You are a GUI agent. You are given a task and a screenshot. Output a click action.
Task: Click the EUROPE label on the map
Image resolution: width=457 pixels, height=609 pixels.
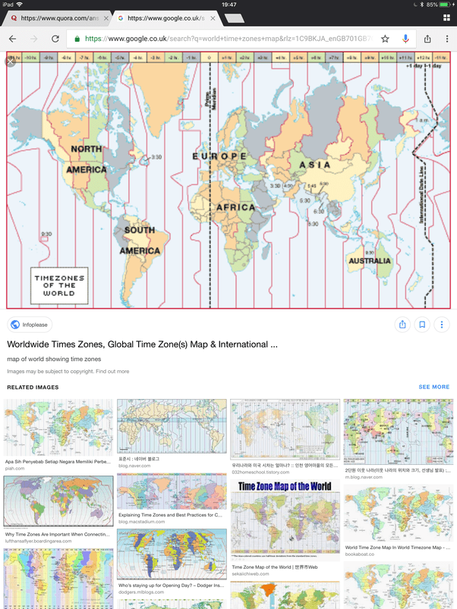219,156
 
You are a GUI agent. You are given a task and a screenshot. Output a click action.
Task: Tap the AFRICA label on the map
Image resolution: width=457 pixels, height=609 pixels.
236,207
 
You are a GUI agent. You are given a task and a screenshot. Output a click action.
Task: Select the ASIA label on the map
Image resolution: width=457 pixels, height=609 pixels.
314,165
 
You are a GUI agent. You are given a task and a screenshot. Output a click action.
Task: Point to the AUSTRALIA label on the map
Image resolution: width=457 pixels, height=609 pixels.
370,261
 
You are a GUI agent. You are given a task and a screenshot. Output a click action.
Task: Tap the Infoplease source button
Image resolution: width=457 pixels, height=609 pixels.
30,325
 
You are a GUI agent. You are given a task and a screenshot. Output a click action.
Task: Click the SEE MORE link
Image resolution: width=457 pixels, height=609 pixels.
433,387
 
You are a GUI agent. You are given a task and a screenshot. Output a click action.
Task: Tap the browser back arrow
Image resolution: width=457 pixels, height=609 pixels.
13,39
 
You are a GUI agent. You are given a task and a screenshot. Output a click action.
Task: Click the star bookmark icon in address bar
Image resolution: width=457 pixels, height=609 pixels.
385,39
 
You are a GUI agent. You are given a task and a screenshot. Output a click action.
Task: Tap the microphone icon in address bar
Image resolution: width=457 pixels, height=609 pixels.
405,39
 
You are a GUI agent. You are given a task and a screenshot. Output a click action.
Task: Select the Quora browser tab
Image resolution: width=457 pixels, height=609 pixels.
57,17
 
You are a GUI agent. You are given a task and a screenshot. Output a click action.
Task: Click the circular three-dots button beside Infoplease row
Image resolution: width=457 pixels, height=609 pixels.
441,325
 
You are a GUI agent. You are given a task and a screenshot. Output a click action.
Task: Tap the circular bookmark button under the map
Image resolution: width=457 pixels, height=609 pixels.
421,325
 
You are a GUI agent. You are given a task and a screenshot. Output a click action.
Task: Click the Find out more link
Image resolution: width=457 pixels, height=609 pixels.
112,372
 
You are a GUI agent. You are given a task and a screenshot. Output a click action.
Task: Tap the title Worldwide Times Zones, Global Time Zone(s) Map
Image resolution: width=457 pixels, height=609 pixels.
143,344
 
